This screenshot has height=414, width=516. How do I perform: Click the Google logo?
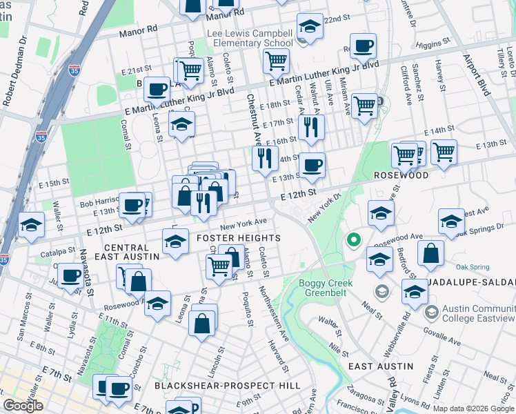[23, 406]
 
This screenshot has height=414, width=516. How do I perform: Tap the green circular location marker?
[353, 241]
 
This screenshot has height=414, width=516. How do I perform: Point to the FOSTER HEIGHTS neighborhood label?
[229, 238]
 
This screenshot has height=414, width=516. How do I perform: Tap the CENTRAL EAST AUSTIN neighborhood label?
[132, 252]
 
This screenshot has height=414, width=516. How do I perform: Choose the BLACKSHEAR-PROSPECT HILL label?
[227, 385]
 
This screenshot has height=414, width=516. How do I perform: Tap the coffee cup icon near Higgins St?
[363, 46]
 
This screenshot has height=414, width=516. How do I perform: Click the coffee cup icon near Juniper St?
[70, 276]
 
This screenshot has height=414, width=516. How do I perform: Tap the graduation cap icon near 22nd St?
[310, 27]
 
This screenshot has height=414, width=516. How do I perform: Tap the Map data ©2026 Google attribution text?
[473, 408]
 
